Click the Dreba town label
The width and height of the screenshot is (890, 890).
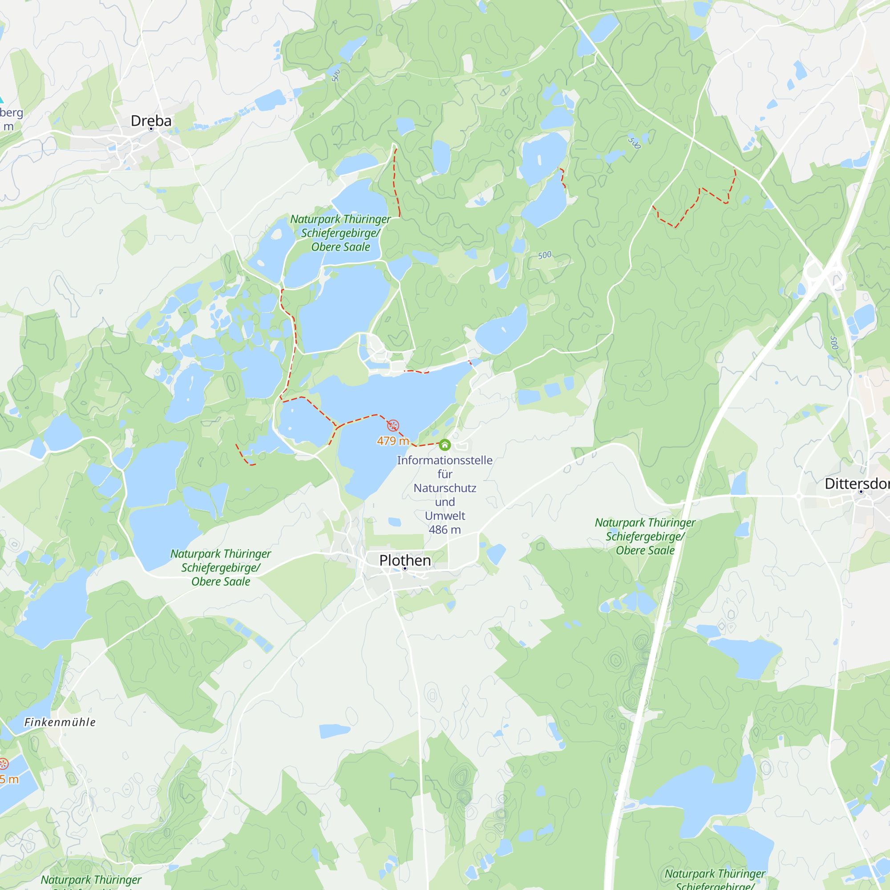coord(151,121)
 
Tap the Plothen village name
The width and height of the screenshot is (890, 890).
coord(405,560)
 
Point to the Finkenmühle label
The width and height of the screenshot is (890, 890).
coord(60,722)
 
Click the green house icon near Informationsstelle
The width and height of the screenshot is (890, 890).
coord(445,445)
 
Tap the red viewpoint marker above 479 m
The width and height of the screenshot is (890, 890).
coord(393,425)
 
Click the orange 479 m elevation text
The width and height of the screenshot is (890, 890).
coord(393,441)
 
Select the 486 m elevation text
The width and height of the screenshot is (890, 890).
coord(445,530)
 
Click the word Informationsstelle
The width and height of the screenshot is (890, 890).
coord(445,460)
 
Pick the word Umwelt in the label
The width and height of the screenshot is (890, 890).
coord(445,516)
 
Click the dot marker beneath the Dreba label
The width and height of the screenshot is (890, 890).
coord(151,129)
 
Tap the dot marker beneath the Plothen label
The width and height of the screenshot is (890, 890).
coord(405,568)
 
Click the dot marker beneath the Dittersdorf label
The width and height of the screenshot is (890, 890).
coord(861,492)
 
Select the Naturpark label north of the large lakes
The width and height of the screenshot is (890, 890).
coord(340,233)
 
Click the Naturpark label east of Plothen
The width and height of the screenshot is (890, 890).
coord(645,536)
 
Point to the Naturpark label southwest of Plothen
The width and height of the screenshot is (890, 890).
coord(221,567)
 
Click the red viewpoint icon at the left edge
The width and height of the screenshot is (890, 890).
coord(4,764)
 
